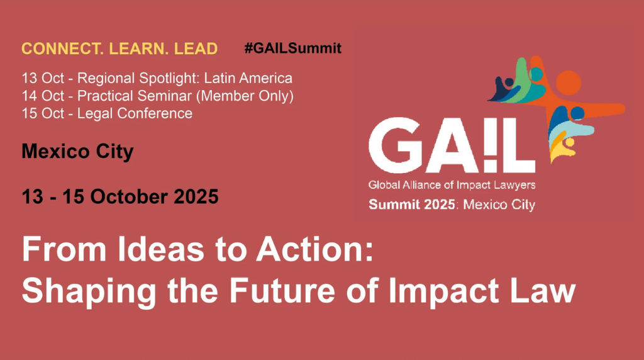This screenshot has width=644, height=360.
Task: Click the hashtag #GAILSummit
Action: pyautogui.click(x=293, y=48)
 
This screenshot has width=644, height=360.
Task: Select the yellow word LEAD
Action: pyautogui.click(x=196, y=48)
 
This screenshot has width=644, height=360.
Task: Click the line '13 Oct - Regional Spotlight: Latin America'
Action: pyautogui.click(x=157, y=78)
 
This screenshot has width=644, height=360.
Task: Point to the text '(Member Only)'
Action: pyautogui.click(x=245, y=96)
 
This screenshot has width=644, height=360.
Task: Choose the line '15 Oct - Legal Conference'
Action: pyautogui.click(x=107, y=113)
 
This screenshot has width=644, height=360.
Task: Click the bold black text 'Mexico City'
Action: pyautogui.click(x=77, y=151)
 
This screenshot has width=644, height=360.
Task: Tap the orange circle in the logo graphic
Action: pyautogui.click(x=569, y=82)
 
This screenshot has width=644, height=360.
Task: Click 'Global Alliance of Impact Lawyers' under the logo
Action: pyautogui.click(x=452, y=185)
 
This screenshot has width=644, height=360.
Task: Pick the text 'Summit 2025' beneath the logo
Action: pyautogui.click(x=412, y=205)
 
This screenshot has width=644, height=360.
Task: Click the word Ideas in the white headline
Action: pyautogui.click(x=161, y=249)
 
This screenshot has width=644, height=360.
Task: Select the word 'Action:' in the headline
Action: pyautogui.click(x=315, y=249)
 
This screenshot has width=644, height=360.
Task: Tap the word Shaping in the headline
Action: pyautogui.click(x=89, y=292)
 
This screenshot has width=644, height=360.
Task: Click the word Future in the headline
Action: pyautogui.click(x=282, y=291)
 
